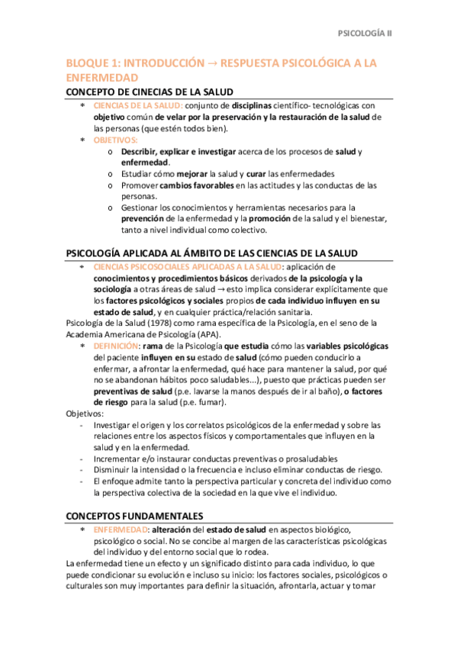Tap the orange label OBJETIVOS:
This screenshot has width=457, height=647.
coord(116,140)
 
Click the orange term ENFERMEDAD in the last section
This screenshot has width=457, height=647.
coord(121,529)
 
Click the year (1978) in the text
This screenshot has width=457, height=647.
coord(158,323)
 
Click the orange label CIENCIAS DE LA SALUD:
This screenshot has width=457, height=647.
coord(138,105)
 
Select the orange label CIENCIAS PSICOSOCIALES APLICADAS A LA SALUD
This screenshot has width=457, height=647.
coord(186,266)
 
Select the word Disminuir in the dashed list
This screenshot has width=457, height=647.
coord(114,470)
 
